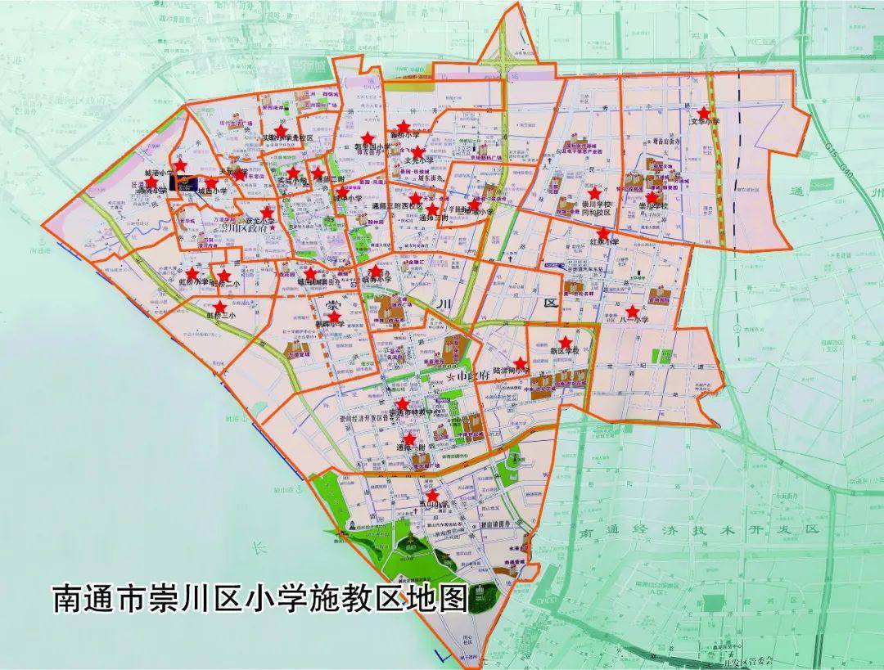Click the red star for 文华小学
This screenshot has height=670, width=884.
coord(703,112)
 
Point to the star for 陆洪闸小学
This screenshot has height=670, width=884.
coord(520,362)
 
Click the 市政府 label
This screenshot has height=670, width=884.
coord(473,375)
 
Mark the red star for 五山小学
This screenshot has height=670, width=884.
coord(432,495)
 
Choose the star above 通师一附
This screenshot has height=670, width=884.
coord(409,438)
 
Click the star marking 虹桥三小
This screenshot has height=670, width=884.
coord(219,307)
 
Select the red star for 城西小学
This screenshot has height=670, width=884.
coord(211,183)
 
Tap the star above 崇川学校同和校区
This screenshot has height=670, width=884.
coord(593,193)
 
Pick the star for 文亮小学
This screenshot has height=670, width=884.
coord(418,151)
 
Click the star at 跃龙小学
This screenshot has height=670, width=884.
coord(267,211)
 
